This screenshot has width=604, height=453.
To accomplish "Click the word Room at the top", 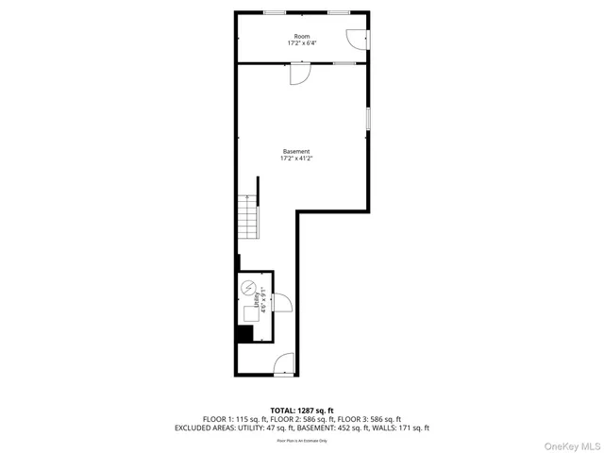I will pyautogui.click(x=301, y=36).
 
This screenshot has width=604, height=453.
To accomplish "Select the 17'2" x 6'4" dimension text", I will pyautogui.click(x=301, y=43).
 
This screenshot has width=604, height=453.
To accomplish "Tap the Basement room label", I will pyautogui.click(x=296, y=152).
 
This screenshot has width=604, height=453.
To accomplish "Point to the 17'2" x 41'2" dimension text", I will pyautogui.click(x=296, y=159).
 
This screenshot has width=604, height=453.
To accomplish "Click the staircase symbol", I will pyautogui.click(x=247, y=218).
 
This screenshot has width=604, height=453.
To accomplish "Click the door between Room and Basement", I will pyautogui.click(x=297, y=74).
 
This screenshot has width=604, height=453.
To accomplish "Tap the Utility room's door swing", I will pyautogui.click(x=281, y=302).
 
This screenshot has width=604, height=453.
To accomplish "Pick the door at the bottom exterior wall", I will pyautogui.click(x=284, y=364).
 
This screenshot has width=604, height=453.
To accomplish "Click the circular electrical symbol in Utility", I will pyautogui.click(x=249, y=289).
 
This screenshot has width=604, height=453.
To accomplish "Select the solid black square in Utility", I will pyautogui.click(x=244, y=333).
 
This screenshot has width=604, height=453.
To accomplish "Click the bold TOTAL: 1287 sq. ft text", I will pyautogui.click(x=301, y=411).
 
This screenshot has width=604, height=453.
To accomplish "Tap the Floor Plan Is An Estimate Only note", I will pyautogui.click(x=301, y=441).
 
